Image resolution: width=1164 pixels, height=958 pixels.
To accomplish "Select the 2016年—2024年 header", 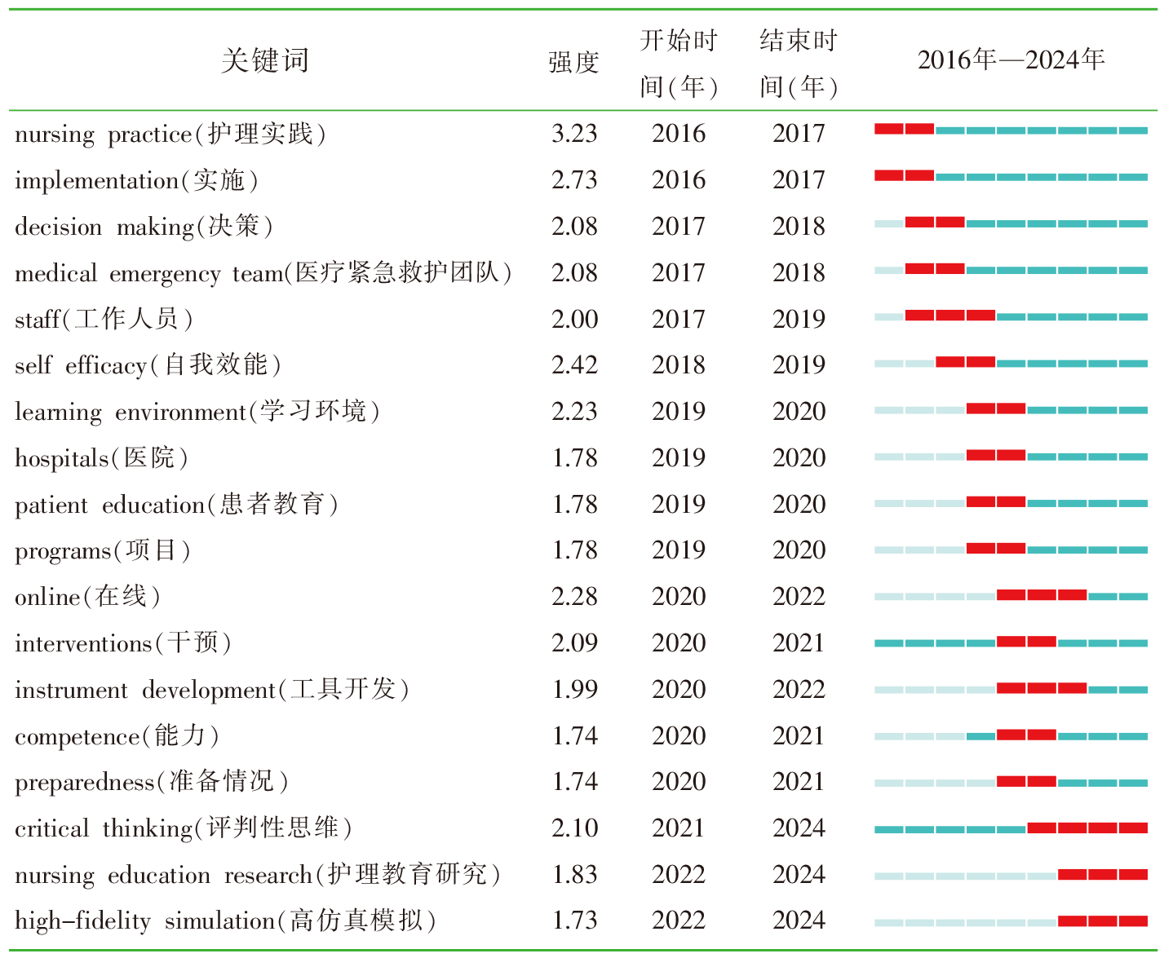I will click(1011, 60).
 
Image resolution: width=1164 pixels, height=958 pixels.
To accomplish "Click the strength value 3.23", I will click(574, 134).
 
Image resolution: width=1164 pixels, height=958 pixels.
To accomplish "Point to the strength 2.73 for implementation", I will click(574, 180).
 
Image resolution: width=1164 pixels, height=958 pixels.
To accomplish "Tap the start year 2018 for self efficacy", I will click(679, 365).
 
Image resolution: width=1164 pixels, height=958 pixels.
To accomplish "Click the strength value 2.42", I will click(574, 365).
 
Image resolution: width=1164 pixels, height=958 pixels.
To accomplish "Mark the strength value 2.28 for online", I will click(574, 597).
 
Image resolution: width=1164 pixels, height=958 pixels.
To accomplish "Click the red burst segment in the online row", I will click(1042, 595).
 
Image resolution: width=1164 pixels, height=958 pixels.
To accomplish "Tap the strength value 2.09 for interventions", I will click(574, 643).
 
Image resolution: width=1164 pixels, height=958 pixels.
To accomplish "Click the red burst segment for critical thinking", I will click(1087, 828).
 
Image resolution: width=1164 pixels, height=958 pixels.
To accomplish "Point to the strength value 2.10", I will click(574, 828).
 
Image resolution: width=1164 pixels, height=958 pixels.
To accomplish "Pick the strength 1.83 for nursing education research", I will click(574, 875).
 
